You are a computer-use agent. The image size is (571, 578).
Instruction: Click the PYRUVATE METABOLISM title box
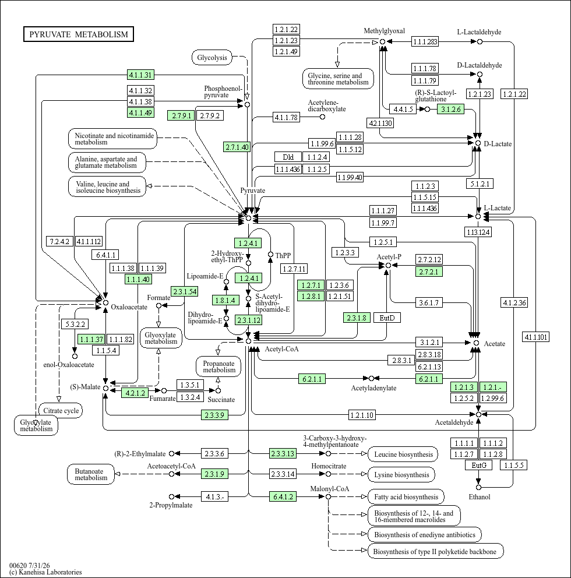pos(79,34)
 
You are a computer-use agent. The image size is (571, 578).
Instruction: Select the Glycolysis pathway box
pos(212,58)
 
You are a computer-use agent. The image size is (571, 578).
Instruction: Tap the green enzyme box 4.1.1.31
pos(140,75)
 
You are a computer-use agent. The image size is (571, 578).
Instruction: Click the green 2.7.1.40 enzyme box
pos(237,147)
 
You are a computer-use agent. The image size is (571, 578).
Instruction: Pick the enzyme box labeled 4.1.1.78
pos(287,118)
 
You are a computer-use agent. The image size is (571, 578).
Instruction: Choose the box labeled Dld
pos(288,157)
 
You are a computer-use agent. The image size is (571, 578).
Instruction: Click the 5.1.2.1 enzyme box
pos(480,184)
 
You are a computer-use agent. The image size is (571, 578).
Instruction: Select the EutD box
pos(387,318)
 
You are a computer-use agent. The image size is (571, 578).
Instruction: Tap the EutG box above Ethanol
pos(479,465)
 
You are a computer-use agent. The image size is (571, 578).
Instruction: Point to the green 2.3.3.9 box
pos(214,415)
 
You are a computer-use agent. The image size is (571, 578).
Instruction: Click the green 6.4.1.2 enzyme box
pos(283,496)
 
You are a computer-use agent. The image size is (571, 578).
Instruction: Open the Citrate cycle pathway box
pos(61,411)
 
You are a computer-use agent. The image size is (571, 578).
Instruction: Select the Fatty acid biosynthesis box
pos(406,497)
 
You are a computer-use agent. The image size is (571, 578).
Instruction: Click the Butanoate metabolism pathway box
pos(91,474)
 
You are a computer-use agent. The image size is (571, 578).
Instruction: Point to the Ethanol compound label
pos(479,497)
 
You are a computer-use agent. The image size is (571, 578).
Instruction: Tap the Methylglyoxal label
pos(384,31)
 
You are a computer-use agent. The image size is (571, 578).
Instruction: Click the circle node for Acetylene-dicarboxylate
pos(322,117)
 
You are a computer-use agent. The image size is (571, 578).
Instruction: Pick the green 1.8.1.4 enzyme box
pos(225,301)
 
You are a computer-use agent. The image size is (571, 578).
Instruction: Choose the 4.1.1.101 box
pos(536,337)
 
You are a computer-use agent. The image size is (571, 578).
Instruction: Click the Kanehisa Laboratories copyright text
pos(45,572)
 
